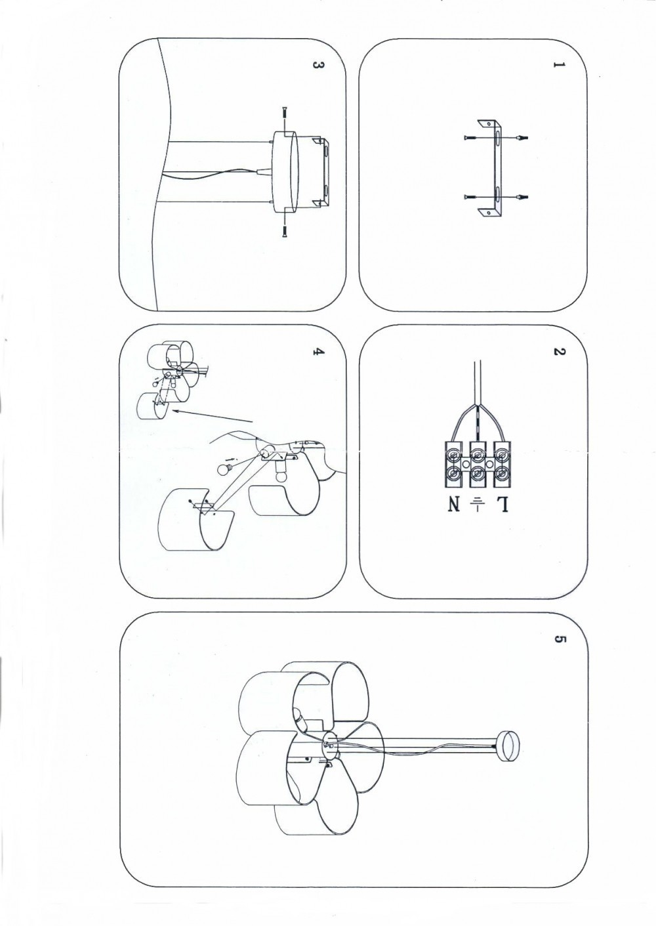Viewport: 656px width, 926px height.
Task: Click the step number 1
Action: pos(558,66)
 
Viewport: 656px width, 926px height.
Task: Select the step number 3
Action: pos(316,66)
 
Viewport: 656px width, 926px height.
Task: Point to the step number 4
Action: pos(316,352)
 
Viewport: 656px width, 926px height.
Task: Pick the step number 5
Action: pos(558,639)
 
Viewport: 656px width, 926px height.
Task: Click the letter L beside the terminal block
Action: pos(502,504)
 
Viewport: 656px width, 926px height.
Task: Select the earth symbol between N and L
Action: pos(478,504)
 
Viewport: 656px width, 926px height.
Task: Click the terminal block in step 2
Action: pos(478,464)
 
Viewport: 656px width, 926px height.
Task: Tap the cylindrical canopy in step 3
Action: pos(285,171)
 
